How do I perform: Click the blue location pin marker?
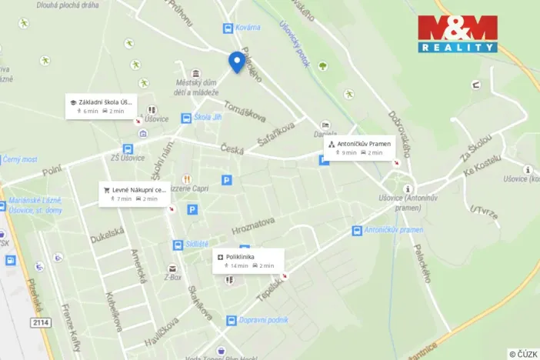pos(237,62)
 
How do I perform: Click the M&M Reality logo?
pos(458,34)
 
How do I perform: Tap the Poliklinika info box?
pos(248,260)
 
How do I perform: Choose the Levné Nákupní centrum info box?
pos(135,193)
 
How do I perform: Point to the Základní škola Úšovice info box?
pos(101,105)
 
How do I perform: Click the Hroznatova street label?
pos(253,225)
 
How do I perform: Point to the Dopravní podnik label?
pos(263,320)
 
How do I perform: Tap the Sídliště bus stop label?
pos(197,244)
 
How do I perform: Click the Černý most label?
pos(19,160)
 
